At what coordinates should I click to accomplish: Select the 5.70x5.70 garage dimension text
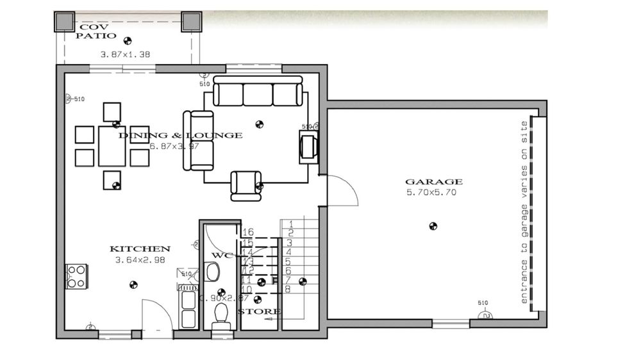(x=431, y=193)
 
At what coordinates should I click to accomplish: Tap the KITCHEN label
(x=140, y=249)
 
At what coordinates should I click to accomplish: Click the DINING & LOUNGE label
(x=181, y=135)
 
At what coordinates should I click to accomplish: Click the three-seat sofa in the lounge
(x=258, y=92)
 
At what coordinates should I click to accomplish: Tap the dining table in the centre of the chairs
(x=112, y=146)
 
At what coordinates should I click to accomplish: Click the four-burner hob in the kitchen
(x=76, y=276)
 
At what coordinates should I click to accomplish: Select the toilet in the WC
(x=221, y=313)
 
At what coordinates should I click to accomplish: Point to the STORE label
(x=259, y=312)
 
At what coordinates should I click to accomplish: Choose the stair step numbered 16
(x=249, y=232)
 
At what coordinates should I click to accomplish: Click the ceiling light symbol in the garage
(x=433, y=225)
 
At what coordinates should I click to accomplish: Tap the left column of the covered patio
(x=64, y=21)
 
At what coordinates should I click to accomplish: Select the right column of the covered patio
(x=191, y=21)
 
